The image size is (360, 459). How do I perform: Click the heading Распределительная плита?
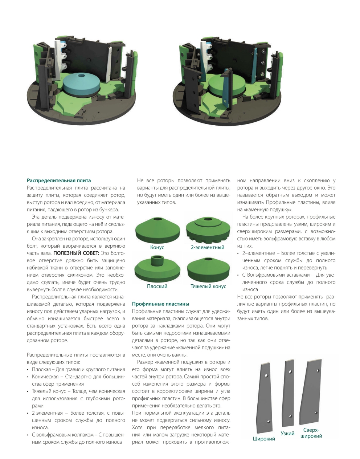tap(59, 180)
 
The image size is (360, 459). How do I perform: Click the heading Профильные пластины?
tap(161, 304)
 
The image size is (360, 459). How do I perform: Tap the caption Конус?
tap(157, 247)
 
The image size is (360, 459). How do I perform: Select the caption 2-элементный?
tap(208, 247)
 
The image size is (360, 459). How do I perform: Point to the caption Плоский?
tap(157, 286)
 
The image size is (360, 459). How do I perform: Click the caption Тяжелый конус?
tap(208, 286)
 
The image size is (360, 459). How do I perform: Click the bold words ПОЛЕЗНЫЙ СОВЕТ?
tap(76, 253)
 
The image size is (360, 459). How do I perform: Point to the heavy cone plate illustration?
tap(208, 269)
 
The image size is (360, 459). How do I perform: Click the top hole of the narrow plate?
tap(290, 371)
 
